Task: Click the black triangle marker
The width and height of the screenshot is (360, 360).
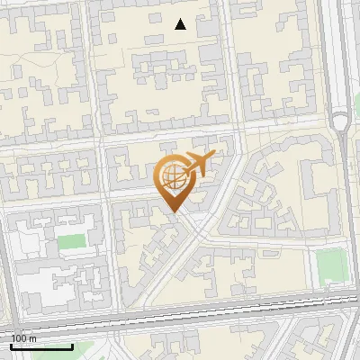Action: click(181, 24)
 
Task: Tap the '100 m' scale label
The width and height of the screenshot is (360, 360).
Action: click(23, 338)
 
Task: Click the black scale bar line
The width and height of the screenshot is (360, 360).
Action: click(41, 346)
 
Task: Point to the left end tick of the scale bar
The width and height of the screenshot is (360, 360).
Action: click(11, 345)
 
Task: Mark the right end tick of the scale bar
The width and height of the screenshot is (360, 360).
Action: click(73, 345)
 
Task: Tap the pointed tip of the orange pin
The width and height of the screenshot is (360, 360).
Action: click(173, 211)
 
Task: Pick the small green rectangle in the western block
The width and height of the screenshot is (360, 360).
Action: click(71, 241)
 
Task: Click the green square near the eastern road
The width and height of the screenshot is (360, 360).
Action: click(332, 264)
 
